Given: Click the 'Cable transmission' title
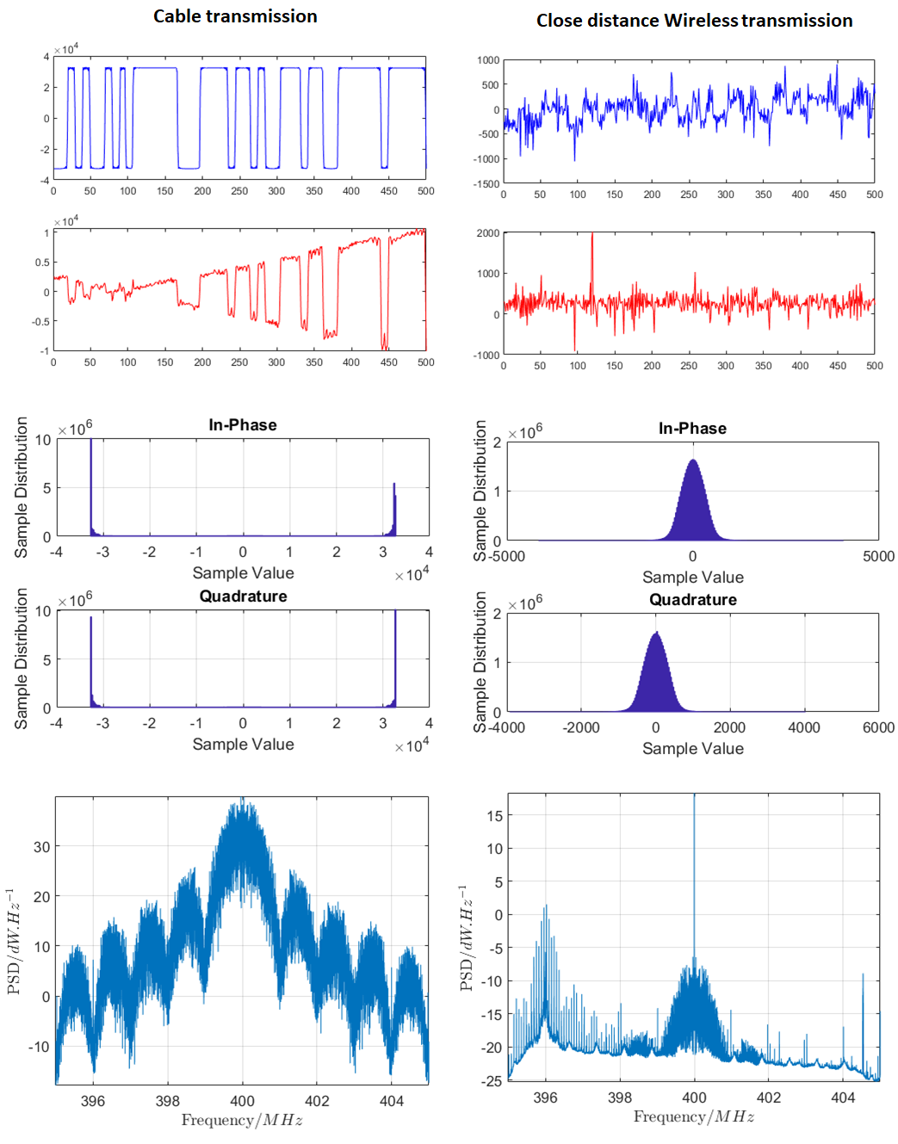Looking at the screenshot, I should [x=235, y=16].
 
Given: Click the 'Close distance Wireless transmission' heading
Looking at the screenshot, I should [x=694, y=21].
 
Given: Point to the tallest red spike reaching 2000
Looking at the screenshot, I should [x=591, y=237].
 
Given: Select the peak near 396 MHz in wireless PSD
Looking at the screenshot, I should [x=545, y=909].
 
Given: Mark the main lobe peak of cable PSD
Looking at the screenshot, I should [x=244, y=805].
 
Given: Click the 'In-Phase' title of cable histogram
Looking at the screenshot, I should [x=243, y=425].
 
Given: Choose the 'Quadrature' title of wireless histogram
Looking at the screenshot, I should [x=692, y=600].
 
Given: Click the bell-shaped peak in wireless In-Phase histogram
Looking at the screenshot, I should [x=692, y=462].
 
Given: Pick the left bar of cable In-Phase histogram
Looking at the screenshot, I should [x=91, y=486].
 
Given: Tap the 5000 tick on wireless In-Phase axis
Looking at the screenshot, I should [x=878, y=557].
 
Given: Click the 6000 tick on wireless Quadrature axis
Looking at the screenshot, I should [x=878, y=728].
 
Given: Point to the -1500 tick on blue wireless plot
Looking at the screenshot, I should [x=486, y=183].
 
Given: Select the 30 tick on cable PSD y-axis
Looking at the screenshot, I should [x=41, y=847].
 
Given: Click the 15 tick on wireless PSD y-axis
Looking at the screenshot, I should [x=494, y=816].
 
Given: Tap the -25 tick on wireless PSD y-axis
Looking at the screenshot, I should [x=492, y=1081].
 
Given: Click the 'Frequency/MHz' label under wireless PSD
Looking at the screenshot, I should [x=694, y=1117].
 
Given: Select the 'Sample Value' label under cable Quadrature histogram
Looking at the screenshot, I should [x=243, y=745].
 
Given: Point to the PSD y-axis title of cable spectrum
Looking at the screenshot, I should [x=15, y=942].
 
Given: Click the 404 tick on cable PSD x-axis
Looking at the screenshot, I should [x=391, y=1101].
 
